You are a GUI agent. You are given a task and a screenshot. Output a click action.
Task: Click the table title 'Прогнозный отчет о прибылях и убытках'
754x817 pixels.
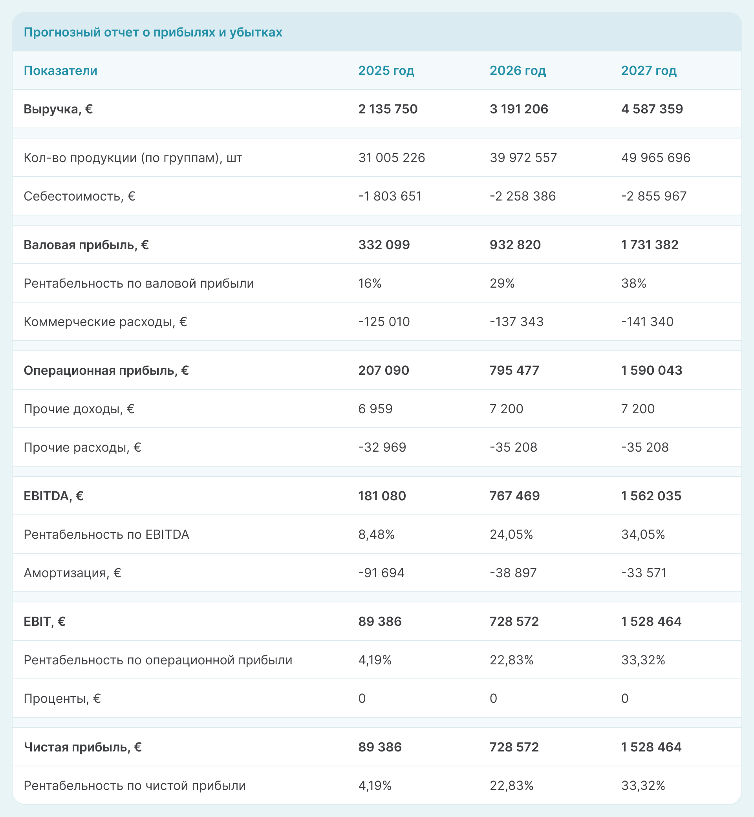(153, 32)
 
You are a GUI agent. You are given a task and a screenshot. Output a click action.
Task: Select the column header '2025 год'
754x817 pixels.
(386, 71)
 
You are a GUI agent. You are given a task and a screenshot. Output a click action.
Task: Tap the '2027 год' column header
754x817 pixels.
(649, 71)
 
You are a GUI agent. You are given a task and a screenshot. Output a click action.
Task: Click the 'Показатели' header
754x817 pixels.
(60, 71)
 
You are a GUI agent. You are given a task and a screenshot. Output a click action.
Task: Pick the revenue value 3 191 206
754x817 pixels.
(519, 109)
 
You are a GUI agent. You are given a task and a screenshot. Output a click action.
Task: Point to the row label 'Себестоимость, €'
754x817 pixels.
(80, 196)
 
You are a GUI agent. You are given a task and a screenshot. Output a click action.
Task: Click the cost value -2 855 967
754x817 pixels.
(653, 196)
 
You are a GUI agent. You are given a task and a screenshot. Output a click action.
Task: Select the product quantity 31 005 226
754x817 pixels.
(391, 158)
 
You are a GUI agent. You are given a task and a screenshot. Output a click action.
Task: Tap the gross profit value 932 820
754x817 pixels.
(515, 244)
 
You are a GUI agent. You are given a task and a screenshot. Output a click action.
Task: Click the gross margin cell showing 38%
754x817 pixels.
(634, 283)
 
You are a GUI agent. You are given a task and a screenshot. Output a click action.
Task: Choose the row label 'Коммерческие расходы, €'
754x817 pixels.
(105, 322)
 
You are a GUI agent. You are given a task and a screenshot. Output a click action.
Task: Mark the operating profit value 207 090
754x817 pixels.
(384, 370)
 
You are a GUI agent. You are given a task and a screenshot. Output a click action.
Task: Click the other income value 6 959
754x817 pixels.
(375, 408)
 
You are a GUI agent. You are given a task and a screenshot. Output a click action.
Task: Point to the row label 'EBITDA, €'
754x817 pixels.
(53, 496)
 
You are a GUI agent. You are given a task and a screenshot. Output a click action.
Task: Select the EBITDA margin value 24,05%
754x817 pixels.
(511, 534)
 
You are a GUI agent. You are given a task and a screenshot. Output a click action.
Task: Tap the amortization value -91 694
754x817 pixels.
(381, 573)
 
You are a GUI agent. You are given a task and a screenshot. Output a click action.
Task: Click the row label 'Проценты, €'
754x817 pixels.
(62, 698)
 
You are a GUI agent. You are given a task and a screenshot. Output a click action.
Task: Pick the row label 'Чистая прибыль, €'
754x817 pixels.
(83, 747)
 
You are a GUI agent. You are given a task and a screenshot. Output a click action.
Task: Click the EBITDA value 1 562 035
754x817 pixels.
(651, 496)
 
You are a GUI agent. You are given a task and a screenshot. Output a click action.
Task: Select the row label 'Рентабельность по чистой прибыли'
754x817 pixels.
(135, 786)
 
